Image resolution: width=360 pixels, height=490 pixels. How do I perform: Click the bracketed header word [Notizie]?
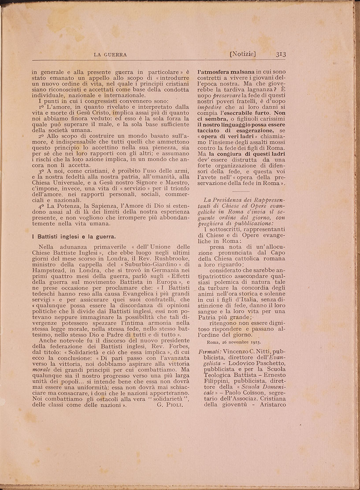coord(243,54)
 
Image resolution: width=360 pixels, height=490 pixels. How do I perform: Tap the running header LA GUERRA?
coord(111,55)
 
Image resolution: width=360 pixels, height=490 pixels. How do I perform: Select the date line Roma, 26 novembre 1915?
coord(234,341)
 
